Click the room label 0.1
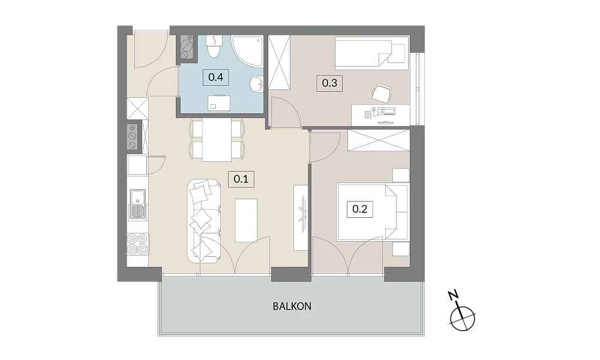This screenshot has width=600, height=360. [x=241, y=179]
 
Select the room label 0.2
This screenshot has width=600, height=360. [x=359, y=209]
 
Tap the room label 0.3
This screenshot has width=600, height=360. [x=329, y=83]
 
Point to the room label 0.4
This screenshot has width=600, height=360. [x=216, y=77]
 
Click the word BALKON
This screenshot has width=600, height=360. [x=292, y=307]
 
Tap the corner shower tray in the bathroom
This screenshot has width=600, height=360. [x=247, y=52]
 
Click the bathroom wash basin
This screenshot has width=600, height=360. [x=256, y=84]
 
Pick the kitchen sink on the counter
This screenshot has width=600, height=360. [x=137, y=204]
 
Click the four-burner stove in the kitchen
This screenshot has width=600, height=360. [x=137, y=244]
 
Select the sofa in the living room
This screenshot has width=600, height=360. [x=204, y=221]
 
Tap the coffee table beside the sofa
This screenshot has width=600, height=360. [x=246, y=220]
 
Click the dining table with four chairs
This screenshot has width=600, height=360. [x=217, y=140]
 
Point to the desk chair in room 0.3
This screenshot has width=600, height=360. [x=382, y=93]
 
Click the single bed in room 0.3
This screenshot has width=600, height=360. [x=371, y=53]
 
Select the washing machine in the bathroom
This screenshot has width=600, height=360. [x=219, y=103]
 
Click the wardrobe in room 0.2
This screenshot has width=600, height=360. [x=379, y=140]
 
